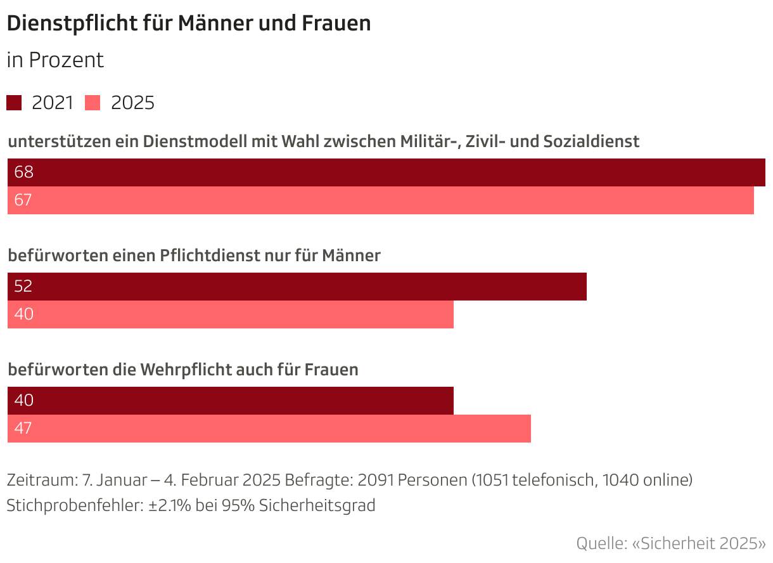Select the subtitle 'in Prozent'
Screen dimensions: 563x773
(55, 60)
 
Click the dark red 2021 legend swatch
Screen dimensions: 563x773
(14, 103)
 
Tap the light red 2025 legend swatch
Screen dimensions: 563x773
(93, 103)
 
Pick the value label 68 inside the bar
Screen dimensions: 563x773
(23, 172)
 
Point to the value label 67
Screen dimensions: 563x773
(23, 200)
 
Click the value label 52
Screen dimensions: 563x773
(23, 286)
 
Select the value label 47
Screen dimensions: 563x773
(23, 429)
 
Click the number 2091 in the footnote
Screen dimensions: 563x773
(376, 480)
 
